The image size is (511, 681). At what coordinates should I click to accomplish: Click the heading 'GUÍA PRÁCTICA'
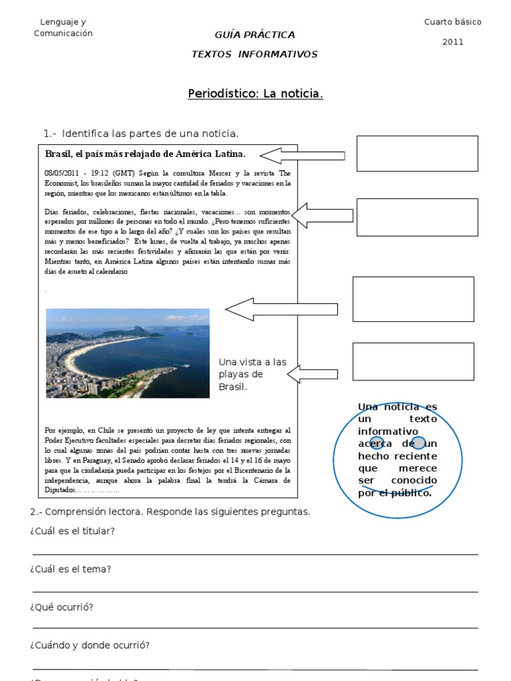(255, 35)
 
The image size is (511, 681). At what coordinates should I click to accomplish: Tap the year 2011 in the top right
(452, 42)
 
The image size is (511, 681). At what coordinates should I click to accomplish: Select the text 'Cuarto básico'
(452, 22)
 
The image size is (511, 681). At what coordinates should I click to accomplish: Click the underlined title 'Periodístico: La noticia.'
(255, 94)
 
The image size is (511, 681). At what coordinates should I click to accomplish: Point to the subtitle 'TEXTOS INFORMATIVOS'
(255, 55)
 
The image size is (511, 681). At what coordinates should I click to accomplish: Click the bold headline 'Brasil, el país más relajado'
(145, 154)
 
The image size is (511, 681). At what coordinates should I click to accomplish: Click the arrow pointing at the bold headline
(302, 156)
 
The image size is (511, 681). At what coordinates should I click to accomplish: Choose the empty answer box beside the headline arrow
(417, 154)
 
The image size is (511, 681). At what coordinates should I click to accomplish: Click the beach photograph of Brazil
(127, 353)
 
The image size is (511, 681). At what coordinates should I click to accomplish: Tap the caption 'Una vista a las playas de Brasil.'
(252, 374)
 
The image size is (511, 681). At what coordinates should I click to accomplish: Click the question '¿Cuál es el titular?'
(72, 531)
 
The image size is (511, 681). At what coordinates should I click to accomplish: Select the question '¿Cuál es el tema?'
(70, 569)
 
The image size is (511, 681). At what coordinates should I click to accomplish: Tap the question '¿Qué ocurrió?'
(61, 607)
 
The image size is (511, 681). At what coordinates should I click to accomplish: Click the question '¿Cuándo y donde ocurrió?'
(89, 645)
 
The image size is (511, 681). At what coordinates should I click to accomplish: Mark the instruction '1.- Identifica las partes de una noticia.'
(140, 134)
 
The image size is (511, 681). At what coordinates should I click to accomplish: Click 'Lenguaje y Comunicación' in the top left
(63, 28)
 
